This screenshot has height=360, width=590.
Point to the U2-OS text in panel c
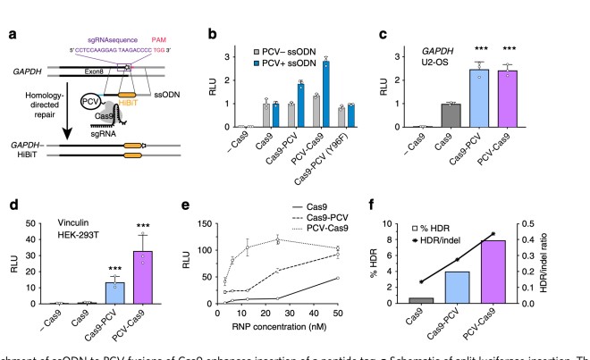[458, 53]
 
